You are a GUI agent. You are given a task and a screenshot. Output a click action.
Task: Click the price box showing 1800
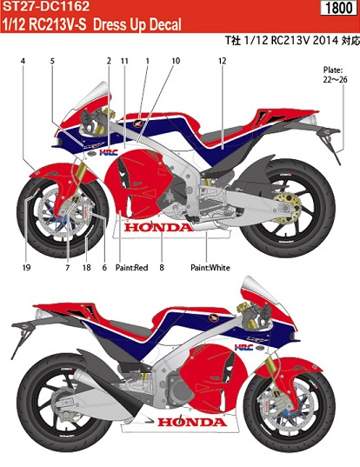[x=338, y=8]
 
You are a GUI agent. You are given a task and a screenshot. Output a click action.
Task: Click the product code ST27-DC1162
[x=46, y=6]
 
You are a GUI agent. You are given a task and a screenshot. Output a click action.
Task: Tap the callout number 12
[x=222, y=61]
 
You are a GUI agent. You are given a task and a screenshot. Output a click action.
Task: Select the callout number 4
[x=23, y=61]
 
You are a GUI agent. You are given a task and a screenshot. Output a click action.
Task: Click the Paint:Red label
[x=131, y=268]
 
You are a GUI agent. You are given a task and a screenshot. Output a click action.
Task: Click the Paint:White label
[x=210, y=268]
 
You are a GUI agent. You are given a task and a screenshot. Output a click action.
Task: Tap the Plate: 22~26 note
[x=335, y=75]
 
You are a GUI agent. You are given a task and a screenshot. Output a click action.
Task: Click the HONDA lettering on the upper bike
[x=158, y=228]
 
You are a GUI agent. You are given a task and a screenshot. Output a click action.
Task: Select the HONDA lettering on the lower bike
[x=192, y=422]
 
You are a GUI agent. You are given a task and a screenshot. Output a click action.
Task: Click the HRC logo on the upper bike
[x=109, y=153]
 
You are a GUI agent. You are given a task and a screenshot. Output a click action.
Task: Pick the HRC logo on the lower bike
[x=243, y=347]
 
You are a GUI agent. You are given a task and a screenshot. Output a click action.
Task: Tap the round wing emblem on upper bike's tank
[x=138, y=123]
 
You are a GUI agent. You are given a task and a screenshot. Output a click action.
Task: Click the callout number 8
[x=162, y=268]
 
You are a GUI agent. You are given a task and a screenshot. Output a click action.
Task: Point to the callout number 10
[x=176, y=61]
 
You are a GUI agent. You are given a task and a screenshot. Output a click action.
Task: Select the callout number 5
[x=52, y=61]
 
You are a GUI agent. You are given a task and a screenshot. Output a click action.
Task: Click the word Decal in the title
[x=164, y=24]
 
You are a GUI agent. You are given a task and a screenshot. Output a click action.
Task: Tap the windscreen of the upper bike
[x=91, y=97]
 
